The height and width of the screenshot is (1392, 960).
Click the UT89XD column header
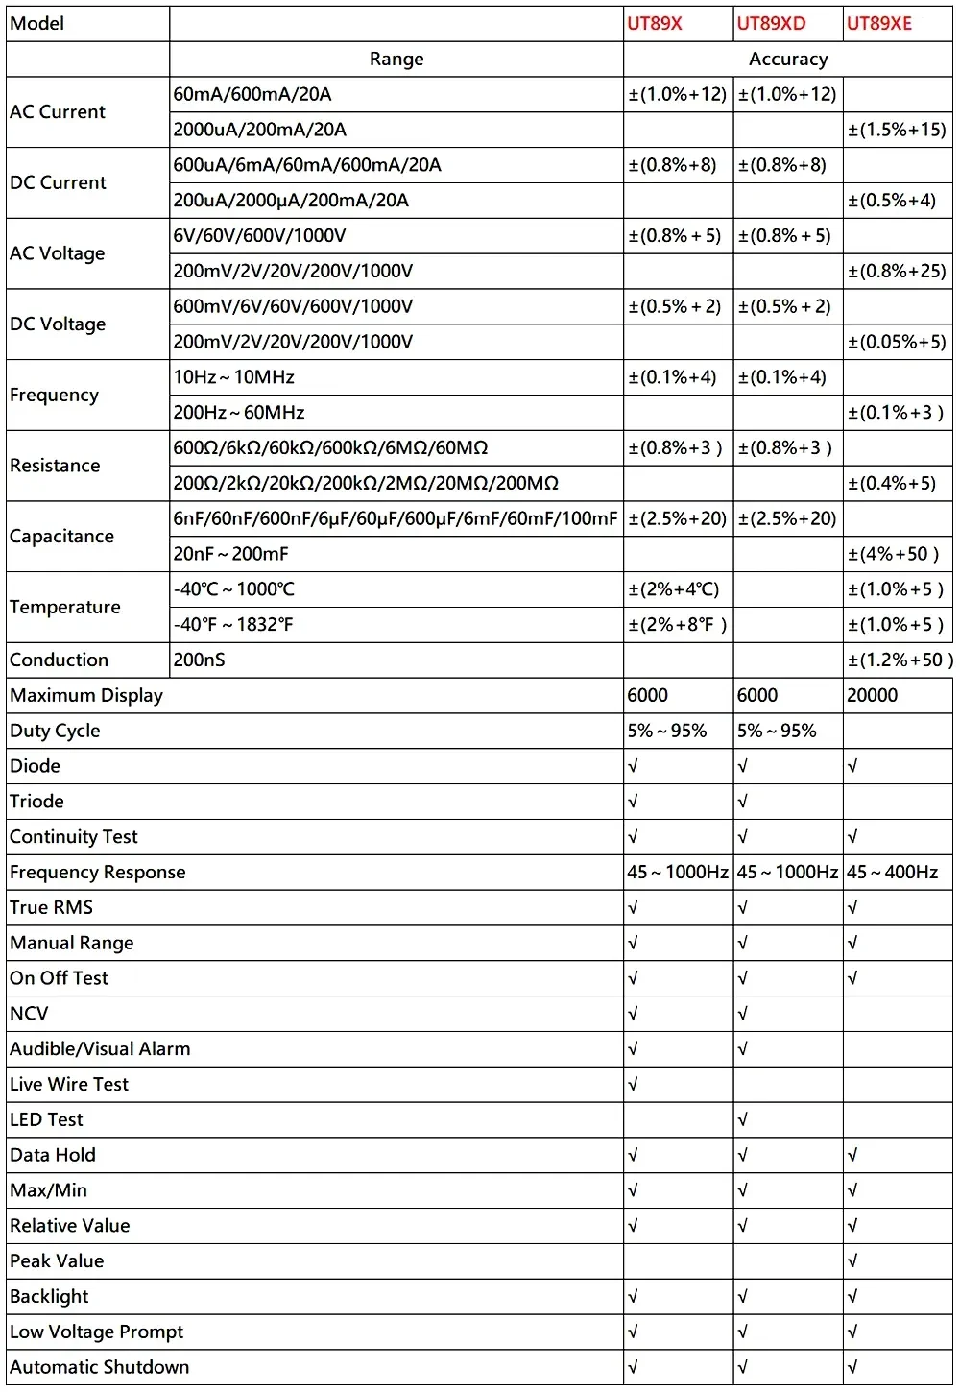click(771, 24)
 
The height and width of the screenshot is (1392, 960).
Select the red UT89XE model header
click(879, 24)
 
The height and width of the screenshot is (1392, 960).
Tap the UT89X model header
click(655, 24)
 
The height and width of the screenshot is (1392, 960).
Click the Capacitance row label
click(61, 537)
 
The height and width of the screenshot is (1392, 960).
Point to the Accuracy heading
click(788, 60)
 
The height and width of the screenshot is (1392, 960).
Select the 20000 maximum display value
click(873, 695)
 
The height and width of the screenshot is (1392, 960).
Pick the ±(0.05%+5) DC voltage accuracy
click(897, 342)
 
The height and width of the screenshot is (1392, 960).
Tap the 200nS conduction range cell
click(200, 660)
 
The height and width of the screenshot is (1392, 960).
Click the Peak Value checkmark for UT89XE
click(852, 1261)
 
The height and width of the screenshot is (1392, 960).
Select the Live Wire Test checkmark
click(633, 1085)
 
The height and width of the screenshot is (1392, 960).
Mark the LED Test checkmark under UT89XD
click(743, 1120)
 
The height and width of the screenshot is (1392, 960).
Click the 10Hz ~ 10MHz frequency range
click(234, 377)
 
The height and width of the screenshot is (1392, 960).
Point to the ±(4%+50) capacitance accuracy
click(894, 554)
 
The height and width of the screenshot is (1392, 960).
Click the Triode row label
click(36, 802)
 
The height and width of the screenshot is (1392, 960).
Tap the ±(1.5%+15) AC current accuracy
click(897, 130)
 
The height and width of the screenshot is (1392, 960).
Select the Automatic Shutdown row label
click(100, 1367)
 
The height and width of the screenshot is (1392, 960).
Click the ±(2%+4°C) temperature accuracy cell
click(674, 589)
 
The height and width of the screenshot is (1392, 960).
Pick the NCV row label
click(29, 1014)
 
